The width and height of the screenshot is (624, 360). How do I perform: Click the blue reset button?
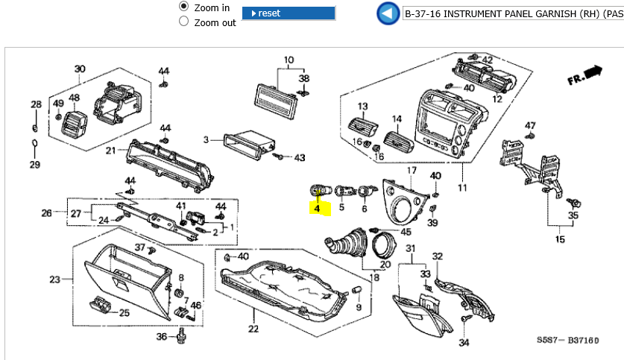point(289,13)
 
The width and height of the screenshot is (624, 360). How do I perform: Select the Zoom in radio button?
point(184,6)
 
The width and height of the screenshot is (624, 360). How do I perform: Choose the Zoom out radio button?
point(184,22)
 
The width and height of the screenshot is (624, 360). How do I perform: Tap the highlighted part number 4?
point(318,208)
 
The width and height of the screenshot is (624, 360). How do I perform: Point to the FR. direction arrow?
point(585,75)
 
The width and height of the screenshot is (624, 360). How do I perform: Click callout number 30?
point(80,70)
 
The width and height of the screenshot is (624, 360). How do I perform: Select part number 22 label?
point(253,329)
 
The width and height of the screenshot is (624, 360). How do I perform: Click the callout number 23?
point(54,280)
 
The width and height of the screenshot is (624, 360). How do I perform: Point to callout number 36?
point(161,337)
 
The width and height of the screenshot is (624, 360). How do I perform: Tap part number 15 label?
point(561,240)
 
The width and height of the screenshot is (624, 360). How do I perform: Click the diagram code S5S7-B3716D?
point(567,340)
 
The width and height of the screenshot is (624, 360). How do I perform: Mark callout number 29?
point(34,164)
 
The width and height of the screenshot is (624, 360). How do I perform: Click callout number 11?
point(462,188)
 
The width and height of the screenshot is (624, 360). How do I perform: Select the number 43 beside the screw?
point(300,158)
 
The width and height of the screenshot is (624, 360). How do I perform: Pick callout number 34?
point(464,343)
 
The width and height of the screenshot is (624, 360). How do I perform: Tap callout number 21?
point(110,151)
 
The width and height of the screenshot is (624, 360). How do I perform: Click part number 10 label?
point(289,60)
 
